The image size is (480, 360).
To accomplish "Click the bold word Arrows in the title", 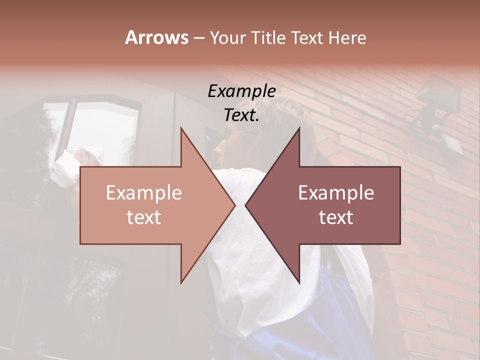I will (x=156, y=37).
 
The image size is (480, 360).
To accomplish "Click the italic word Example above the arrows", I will (x=241, y=91).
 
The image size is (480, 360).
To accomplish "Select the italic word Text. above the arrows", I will (x=241, y=115).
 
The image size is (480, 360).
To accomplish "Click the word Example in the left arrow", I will (x=144, y=193).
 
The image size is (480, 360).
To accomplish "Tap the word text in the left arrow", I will (x=144, y=217).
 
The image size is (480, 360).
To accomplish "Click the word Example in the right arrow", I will (x=336, y=193).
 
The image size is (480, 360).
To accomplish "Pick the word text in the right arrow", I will (x=336, y=217).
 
